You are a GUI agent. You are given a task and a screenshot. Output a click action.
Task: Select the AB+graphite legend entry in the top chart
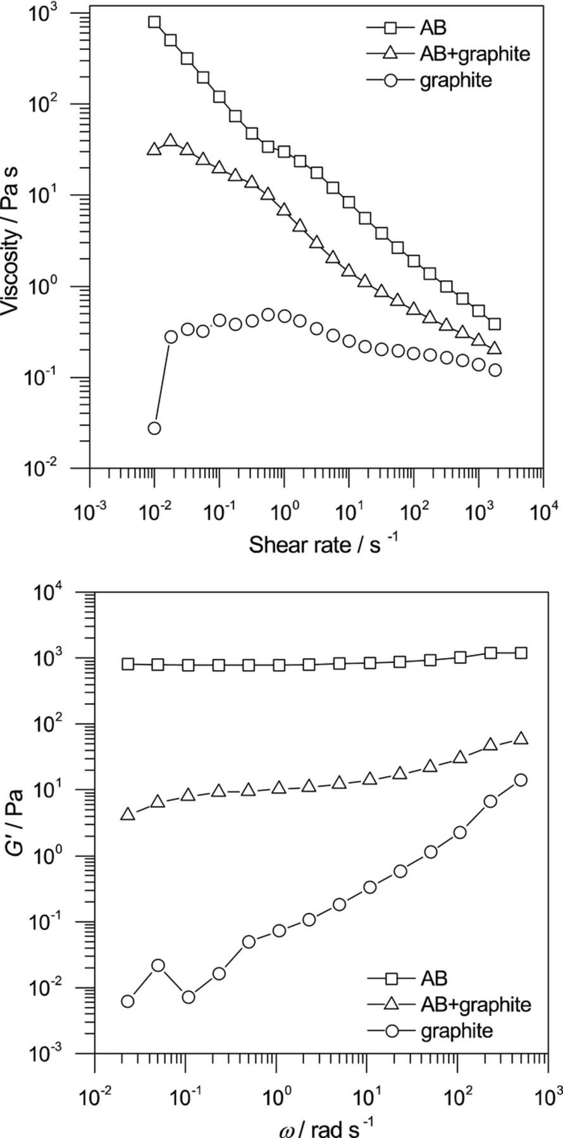(x=474, y=54)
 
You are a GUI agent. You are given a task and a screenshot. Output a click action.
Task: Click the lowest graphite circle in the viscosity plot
(x=154, y=428)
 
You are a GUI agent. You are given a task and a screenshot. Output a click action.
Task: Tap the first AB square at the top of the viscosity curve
(x=154, y=22)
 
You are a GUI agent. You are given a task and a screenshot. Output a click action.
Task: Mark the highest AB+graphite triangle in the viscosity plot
(x=171, y=140)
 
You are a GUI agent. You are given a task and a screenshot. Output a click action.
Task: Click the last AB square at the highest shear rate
(x=495, y=324)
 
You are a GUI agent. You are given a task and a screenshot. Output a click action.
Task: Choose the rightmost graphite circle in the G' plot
(x=521, y=780)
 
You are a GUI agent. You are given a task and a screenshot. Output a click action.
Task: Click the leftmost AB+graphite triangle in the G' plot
(x=128, y=814)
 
